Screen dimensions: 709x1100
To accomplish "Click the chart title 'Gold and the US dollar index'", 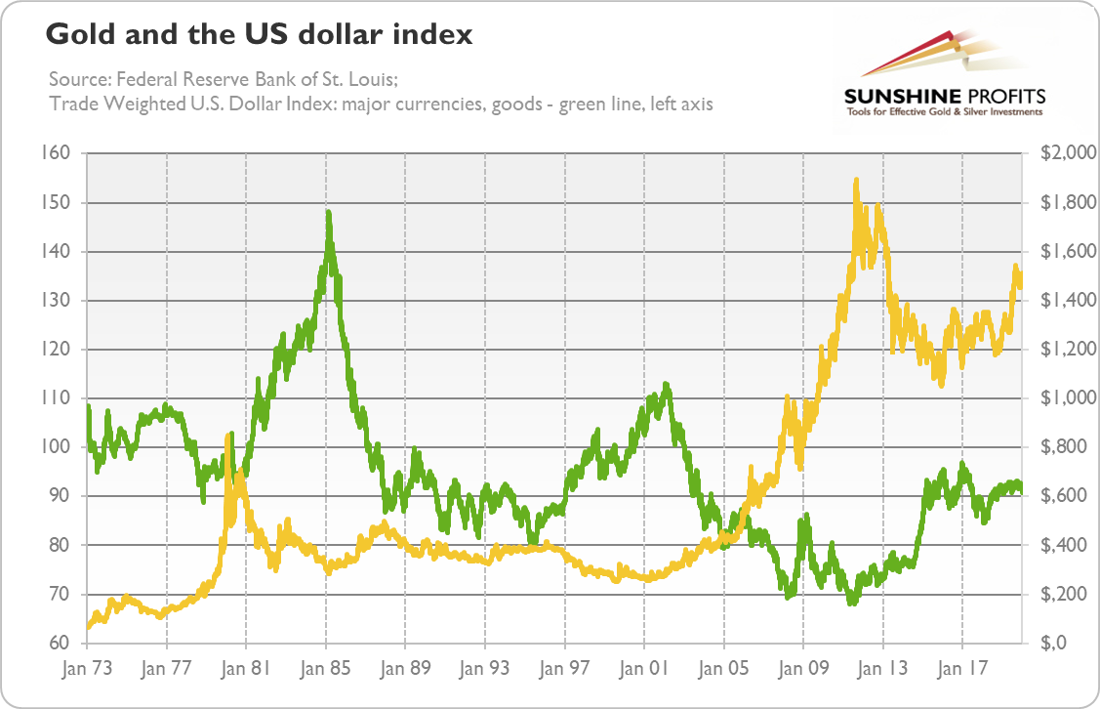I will click(x=259, y=36).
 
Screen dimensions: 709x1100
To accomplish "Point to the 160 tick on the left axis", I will click(x=57, y=153).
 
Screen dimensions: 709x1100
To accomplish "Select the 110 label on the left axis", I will click(x=57, y=398).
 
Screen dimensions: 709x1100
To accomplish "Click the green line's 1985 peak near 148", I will click(x=328, y=211).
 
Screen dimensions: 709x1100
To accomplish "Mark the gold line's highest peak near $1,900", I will click(x=856, y=180).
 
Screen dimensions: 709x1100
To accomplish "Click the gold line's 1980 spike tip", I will click(x=228, y=436).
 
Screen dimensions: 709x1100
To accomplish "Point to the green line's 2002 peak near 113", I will click(x=666, y=384).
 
